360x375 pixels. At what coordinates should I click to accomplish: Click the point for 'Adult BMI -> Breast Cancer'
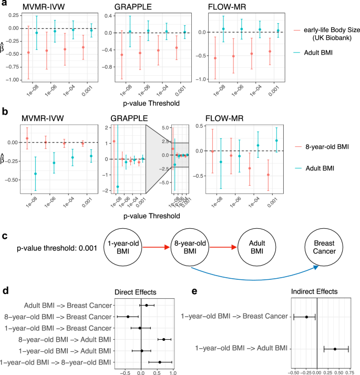(x=147, y=305)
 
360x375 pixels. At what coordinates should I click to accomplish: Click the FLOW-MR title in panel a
(x=218, y=8)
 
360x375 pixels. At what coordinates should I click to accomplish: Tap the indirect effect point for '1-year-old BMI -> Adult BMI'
(x=335, y=349)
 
